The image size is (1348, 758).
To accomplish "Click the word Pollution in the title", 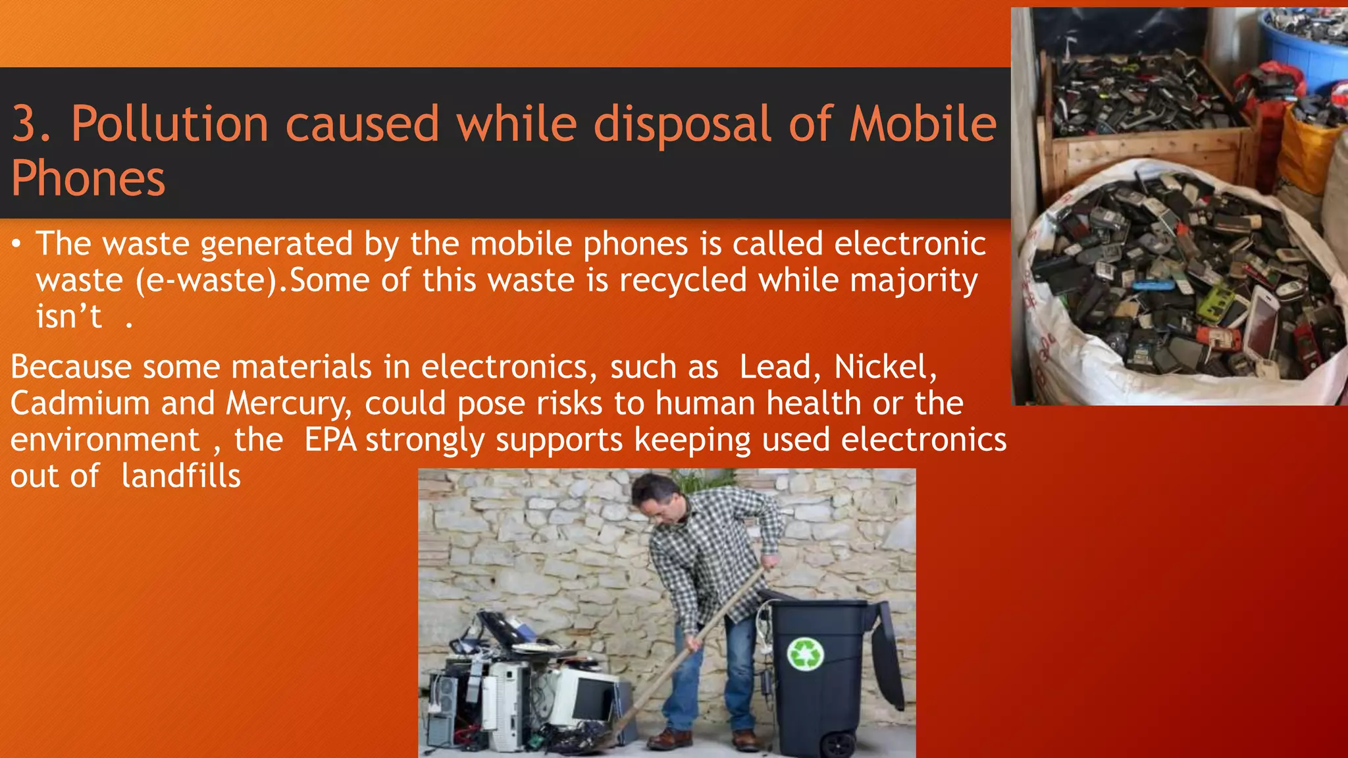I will click(x=170, y=124).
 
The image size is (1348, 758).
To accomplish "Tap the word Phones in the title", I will click(x=88, y=179).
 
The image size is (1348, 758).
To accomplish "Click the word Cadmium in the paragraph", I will click(x=80, y=403).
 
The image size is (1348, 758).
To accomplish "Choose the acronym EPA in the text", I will click(x=330, y=440).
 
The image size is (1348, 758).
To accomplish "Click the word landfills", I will click(x=181, y=476).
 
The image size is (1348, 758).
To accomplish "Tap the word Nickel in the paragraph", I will click(x=884, y=367).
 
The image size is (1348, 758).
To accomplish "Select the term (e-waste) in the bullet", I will click(x=207, y=281).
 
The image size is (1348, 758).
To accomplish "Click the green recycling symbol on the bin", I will click(x=806, y=653).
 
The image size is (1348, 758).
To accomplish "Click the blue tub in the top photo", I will click(x=1307, y=46).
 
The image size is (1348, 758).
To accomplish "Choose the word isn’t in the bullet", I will click(x=69, y=317).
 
